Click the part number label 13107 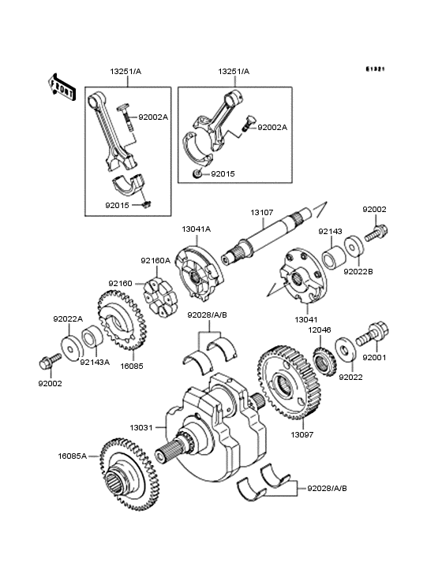click(262, 212)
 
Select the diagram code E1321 click(374, 69)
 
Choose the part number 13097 click(302, 434)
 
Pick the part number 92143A click(96, 363)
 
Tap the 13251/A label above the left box click(124, 71)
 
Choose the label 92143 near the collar click(329, 232)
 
